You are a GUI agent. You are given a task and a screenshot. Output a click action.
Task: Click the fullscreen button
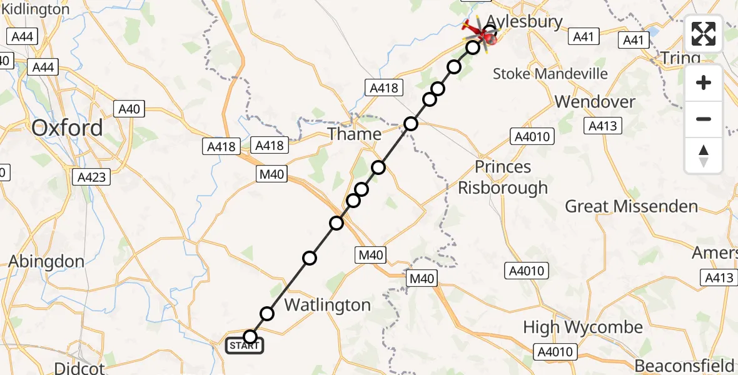pos(704,34)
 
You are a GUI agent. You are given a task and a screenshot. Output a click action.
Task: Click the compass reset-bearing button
pos(704,155)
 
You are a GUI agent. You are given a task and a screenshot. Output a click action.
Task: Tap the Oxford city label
pos(68,128)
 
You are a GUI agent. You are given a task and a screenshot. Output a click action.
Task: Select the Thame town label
pos(355,134)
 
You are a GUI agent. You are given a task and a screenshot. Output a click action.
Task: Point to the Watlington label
pos(328,305)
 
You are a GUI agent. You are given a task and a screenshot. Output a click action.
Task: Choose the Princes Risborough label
pos(503,177)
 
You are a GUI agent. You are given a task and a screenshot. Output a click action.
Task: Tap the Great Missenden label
pos(632,206)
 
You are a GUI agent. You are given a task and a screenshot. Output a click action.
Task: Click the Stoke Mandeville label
pos(550,74)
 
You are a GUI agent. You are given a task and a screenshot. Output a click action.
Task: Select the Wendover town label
pos(595,101)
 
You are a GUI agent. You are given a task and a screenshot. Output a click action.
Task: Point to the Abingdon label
pos(47,261)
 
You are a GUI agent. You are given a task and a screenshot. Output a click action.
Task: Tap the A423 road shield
pos(91,177)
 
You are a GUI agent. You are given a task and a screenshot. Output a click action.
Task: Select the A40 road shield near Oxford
pos(129,109)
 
